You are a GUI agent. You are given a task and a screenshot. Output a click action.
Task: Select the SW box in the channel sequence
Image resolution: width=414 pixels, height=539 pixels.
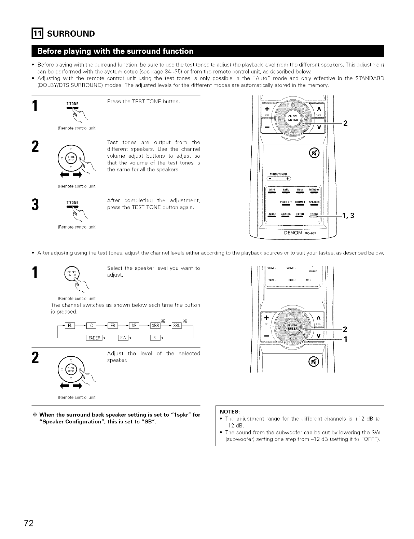coord(123,338)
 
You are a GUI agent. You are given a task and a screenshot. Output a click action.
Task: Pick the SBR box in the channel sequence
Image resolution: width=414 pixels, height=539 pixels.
coord(155,325)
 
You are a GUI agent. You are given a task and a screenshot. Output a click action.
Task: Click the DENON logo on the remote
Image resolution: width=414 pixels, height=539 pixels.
coord(293,233)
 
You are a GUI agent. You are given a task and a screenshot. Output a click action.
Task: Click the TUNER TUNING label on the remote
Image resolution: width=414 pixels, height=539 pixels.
coord(278,173)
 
